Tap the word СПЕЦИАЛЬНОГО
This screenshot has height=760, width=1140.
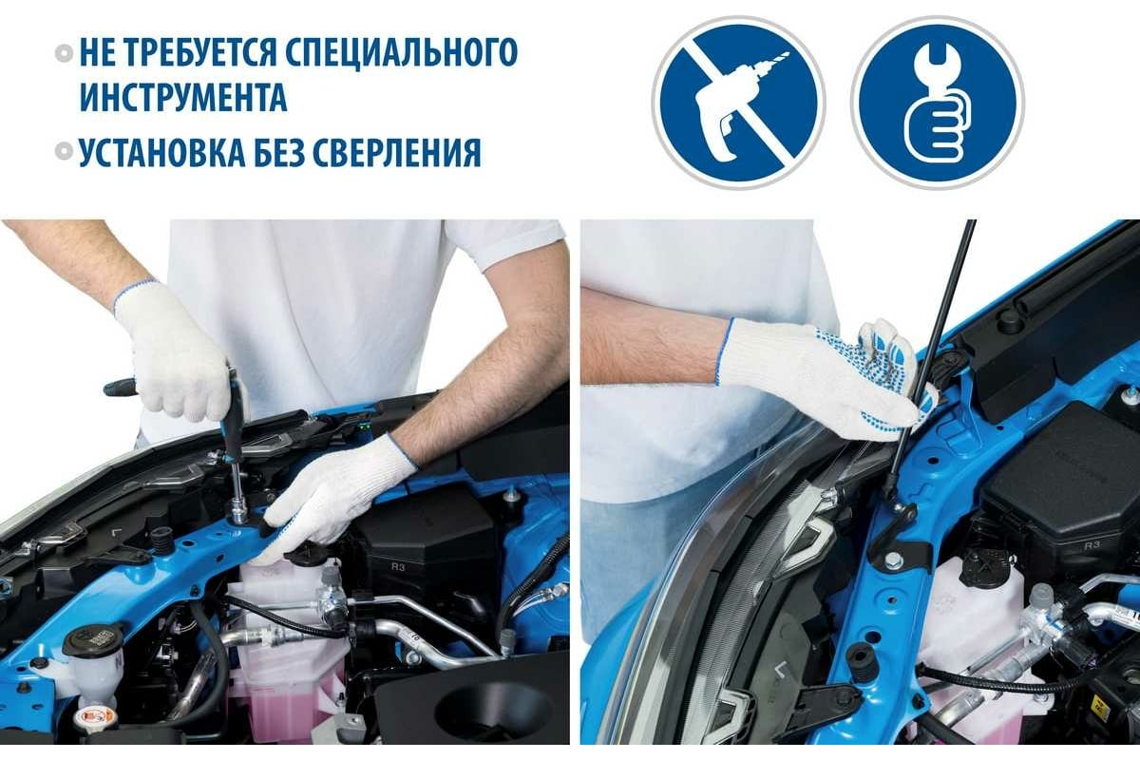click(x=402, y=52)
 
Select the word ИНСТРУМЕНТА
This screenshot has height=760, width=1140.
click(x=183, y=96)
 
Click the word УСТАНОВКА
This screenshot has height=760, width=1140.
click(x=161, y=152)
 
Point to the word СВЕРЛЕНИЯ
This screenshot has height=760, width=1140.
click(x=395, y=152)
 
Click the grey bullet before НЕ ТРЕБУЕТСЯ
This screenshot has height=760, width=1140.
click(x=65, y=53)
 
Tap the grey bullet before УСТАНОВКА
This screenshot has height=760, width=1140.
click(x=65, y=152)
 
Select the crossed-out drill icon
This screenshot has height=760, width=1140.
click(x=739, y=103)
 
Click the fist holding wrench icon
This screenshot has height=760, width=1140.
click(x=938, y=103)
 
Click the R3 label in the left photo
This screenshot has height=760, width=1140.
click(x=398, y=567)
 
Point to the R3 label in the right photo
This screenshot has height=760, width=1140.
click(x=1092, y=545)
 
